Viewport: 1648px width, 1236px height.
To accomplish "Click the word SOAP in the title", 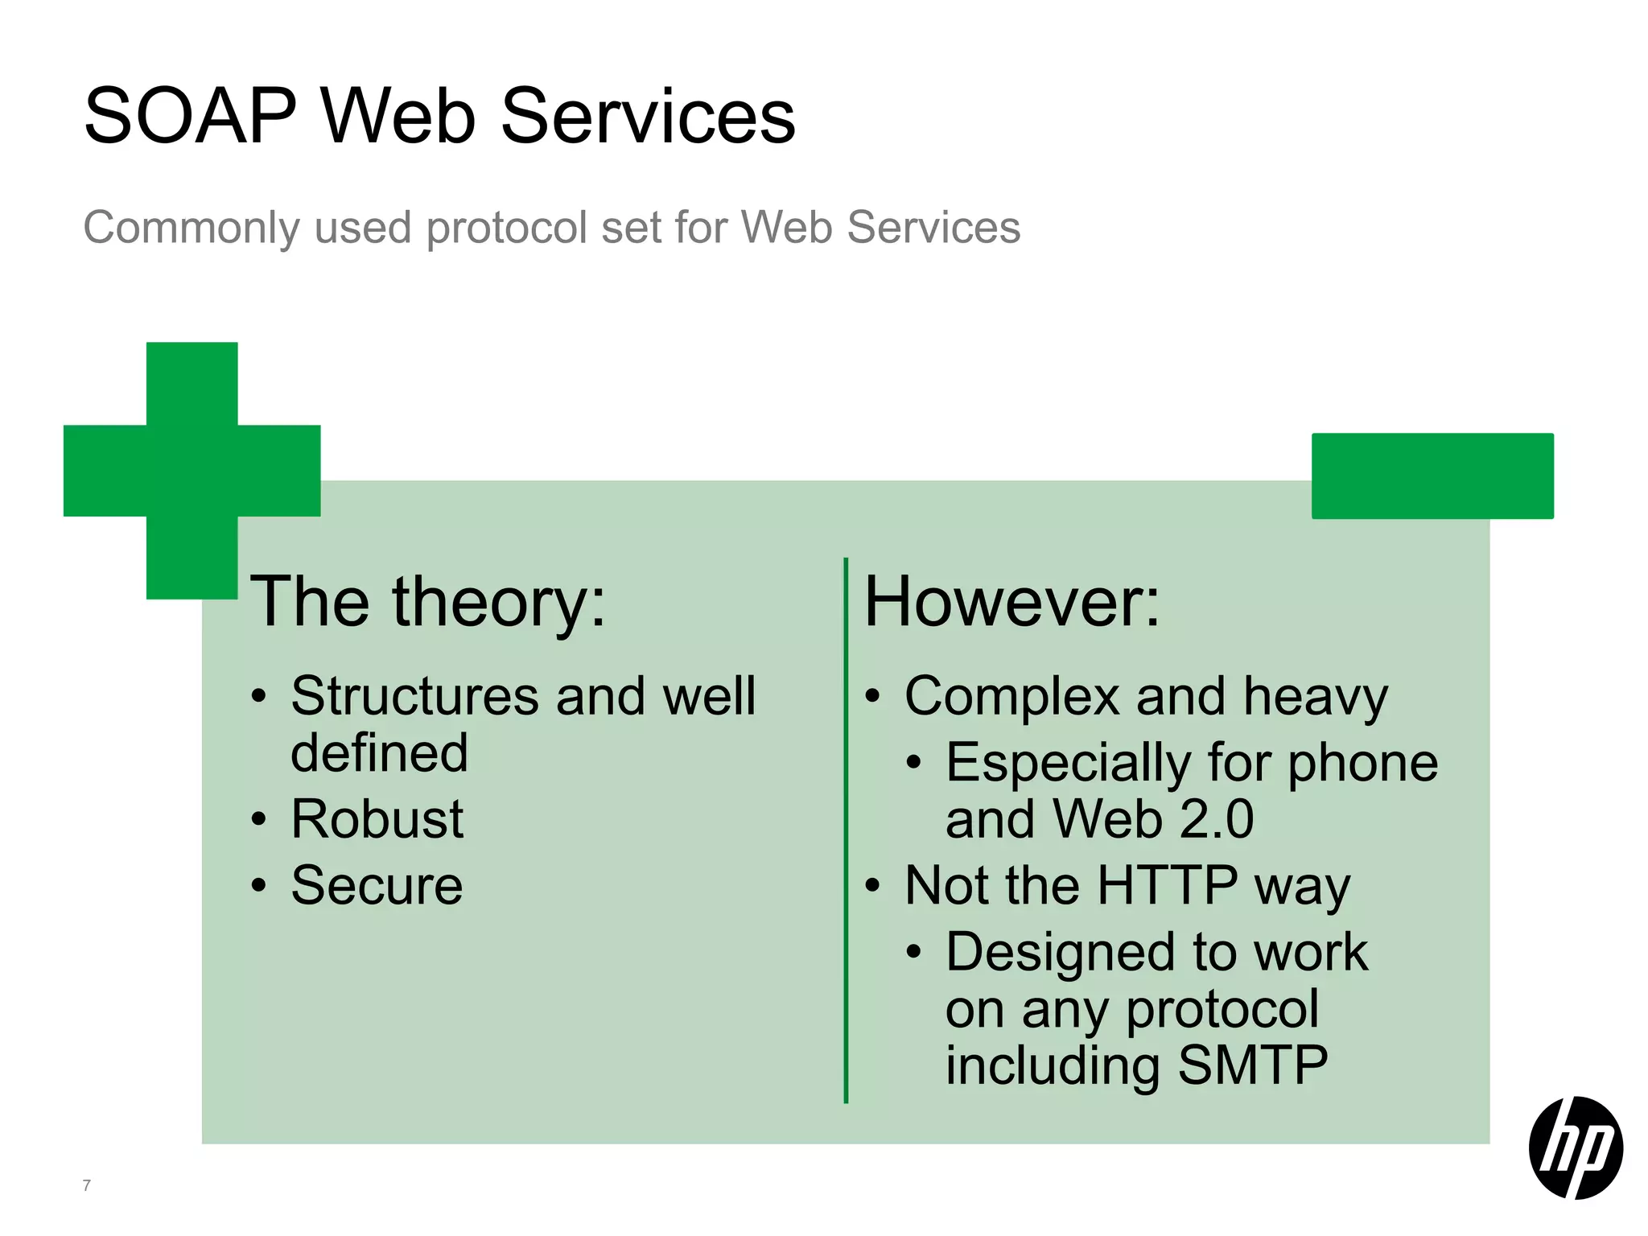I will [x=191, y=117].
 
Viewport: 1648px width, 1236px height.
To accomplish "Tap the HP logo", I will [x=1575, y=1147].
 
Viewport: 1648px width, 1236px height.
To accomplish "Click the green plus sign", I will [x=192, y=471].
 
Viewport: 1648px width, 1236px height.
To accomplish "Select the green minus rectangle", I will [x=1432, y=476].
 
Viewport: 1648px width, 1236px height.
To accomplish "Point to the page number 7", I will [x=87, y=1185].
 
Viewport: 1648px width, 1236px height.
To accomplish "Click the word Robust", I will [x=377, y=819].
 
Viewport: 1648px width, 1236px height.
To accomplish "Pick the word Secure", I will [x=377, y=885].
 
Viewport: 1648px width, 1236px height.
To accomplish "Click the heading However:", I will [x=1011, y=602].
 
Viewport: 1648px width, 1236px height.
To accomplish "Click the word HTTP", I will [x=1167, y=885].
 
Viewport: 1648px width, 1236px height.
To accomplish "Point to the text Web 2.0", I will [x=1153, y=819].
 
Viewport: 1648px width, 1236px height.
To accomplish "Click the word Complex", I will [x=1011, y=696].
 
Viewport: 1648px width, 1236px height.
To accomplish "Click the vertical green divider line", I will [x=846, y=829].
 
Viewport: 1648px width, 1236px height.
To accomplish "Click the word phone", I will [x=1362, y=763].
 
